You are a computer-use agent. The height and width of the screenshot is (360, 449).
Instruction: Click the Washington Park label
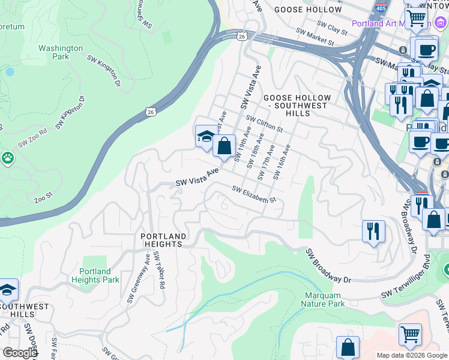click(x=60, y=53)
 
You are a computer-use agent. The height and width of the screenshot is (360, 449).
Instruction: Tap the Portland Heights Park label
click(x=95, y=276)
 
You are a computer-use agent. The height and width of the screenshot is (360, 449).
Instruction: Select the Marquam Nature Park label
click(x=325, y=300)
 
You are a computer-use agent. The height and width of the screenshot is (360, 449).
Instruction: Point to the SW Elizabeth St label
click(x=254, y=194)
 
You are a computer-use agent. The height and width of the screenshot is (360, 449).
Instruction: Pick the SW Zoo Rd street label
click(x=32, y=139)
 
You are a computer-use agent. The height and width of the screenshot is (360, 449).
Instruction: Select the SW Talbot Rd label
click(x=159, y=271)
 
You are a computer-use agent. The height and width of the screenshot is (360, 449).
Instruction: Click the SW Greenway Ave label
click(x=139, y=278)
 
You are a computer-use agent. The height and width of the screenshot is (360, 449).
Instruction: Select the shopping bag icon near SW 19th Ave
click(x=224, y=146)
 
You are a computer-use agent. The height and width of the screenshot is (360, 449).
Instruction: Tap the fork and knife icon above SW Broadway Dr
click(x=373, y=231)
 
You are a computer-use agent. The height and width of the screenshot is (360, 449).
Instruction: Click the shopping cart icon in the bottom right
click(x=410, y=334)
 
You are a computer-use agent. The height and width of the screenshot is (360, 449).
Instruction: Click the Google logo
click(x=20, y=353)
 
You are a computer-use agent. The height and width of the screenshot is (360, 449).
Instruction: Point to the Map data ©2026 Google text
click(x=411, y=355)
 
